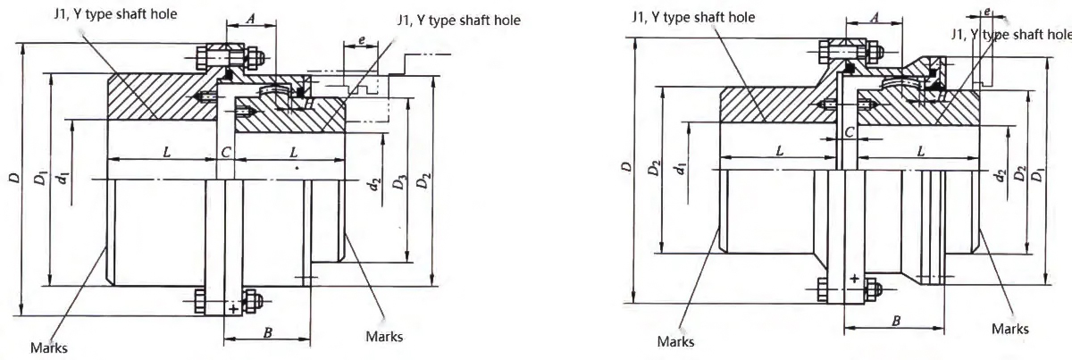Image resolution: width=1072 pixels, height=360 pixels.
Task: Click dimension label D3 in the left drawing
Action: (x=398, y=185)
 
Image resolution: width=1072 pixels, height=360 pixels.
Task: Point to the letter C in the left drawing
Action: (x=226, y=153)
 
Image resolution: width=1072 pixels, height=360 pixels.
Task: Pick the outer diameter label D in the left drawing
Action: (x=13, y=180)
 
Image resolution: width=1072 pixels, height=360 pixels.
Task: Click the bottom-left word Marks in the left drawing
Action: (x=50, y=347)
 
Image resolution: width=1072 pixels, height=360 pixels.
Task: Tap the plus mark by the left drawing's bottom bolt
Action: (x=233, y=309)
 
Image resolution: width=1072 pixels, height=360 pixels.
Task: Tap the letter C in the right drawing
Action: (x=850, y=131)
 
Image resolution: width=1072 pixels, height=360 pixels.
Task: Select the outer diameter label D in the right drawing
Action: (x=626, y=166)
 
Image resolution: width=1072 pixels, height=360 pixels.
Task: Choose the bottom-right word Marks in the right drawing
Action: (x=1009, y=329)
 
